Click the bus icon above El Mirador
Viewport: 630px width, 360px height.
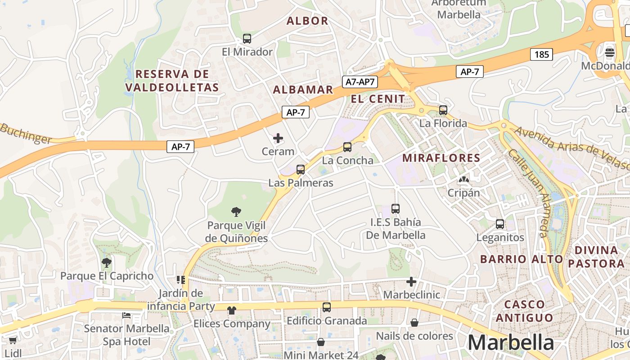(247, 39)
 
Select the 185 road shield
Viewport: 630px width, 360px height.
(541, 55)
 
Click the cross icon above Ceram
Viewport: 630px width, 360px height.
(278, 138)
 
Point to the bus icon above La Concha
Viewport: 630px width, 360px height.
(347, 147)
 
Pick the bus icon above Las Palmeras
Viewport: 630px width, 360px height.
(300, 170)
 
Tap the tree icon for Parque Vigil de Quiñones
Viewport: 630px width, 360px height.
(236, 211)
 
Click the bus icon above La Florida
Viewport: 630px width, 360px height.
(443, 110)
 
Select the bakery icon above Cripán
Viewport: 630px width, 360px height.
(463, 180)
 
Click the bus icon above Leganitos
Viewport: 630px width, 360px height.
(499, 224)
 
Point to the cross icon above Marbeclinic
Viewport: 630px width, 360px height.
(411, 282)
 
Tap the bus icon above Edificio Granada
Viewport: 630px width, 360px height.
(327, 307)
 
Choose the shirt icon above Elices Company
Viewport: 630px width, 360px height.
(231, 310)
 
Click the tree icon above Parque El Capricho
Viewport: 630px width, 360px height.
(106, 262)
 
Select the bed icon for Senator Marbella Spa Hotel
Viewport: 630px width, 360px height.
(126, 315)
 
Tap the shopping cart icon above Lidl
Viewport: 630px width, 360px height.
(13, 341)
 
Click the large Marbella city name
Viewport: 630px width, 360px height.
(511, 342)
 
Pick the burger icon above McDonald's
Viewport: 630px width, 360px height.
(610, 53)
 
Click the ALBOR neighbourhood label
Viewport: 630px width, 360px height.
(307, 21)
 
